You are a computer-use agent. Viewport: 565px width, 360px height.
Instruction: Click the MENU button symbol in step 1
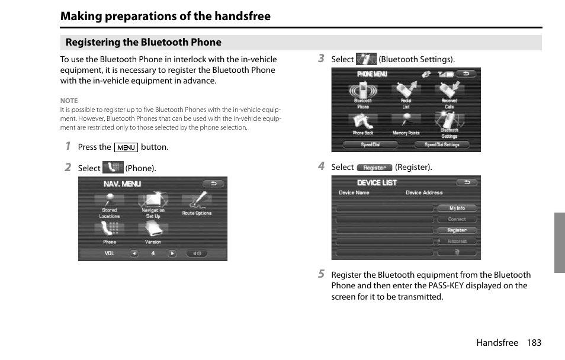(x=126, y=147)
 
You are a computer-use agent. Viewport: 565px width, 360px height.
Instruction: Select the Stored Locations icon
(x=110, y=202)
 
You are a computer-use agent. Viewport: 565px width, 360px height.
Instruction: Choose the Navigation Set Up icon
(x=153, y=202)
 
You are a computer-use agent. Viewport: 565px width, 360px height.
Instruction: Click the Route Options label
(x=197, y=213)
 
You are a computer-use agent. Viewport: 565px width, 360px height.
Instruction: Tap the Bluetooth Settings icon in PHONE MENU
(x=450, y=123)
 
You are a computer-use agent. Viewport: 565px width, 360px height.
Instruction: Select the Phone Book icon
(x=363, y=123)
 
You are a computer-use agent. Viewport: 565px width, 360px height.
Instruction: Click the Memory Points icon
(x=406, y=123)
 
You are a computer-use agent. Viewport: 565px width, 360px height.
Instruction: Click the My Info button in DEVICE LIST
(x=457, y=208)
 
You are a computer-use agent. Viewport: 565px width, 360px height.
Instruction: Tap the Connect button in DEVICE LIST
(x=457, y=219)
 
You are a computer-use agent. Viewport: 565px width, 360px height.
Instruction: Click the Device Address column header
(x=424, y=193)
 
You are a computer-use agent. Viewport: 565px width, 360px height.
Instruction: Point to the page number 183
(x=533, y=343)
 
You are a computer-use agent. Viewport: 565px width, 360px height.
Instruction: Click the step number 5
(x=321, y=274)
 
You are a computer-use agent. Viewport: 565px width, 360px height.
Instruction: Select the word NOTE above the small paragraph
(x=69, y=101)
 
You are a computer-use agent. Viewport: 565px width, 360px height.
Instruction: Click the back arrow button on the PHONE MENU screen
(x=467, y=74)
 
